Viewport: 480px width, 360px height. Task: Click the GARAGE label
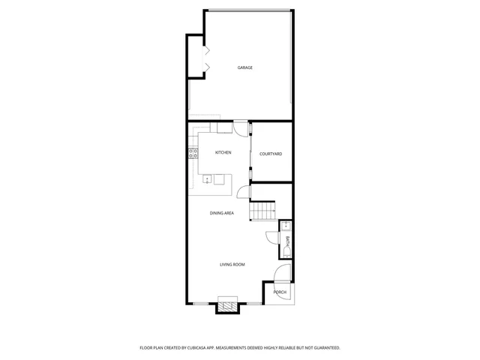244,67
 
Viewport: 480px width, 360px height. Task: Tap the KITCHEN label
223,152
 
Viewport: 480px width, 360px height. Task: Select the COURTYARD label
270,154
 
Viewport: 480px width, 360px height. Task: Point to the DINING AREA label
222,213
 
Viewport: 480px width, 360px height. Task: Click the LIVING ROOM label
232,265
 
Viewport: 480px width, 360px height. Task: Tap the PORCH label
279,292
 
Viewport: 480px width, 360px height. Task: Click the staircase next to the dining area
262,211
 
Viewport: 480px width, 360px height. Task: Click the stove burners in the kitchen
193,155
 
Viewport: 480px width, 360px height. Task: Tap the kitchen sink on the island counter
208,179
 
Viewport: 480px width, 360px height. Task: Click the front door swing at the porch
280,274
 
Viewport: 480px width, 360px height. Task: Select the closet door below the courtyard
243,193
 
